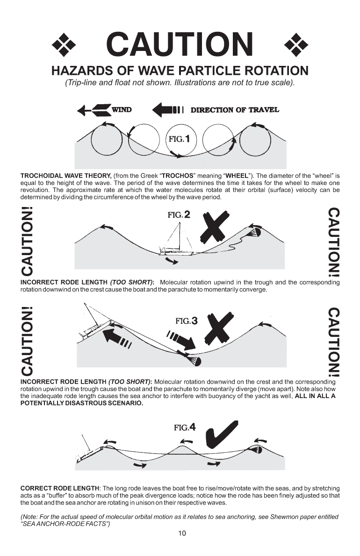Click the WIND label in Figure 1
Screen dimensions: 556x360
[x=121, y=110]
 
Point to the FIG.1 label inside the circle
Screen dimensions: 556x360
[x=181, y=139]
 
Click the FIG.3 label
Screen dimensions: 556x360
[x=186, y=321]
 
